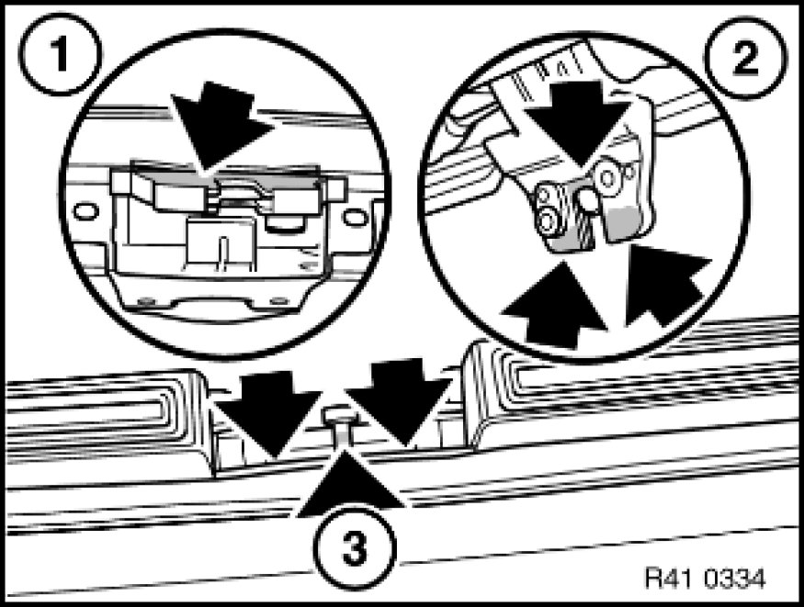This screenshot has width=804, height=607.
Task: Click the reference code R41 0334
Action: click(706, 579)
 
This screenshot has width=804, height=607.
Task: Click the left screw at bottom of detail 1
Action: click(142, 299)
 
